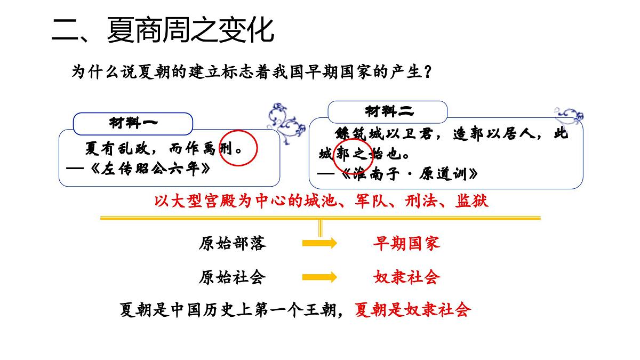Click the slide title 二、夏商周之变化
click(163, 30)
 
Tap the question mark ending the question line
click(428, 71)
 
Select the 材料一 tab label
click(133, 123)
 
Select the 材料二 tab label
click(389, 111)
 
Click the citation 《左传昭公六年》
click(150, 169)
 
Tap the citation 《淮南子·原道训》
click(409, 174)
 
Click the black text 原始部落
click(233, 243)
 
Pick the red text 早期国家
click(406, 243)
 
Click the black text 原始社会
click(233, 277)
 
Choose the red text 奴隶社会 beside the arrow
click(406, 277)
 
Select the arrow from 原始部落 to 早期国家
click(319, 243)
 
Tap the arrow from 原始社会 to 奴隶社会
click(319, 277)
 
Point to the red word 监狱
click(471, 201)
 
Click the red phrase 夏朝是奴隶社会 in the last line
click(413, 310)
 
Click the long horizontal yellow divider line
click(320, 218)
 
